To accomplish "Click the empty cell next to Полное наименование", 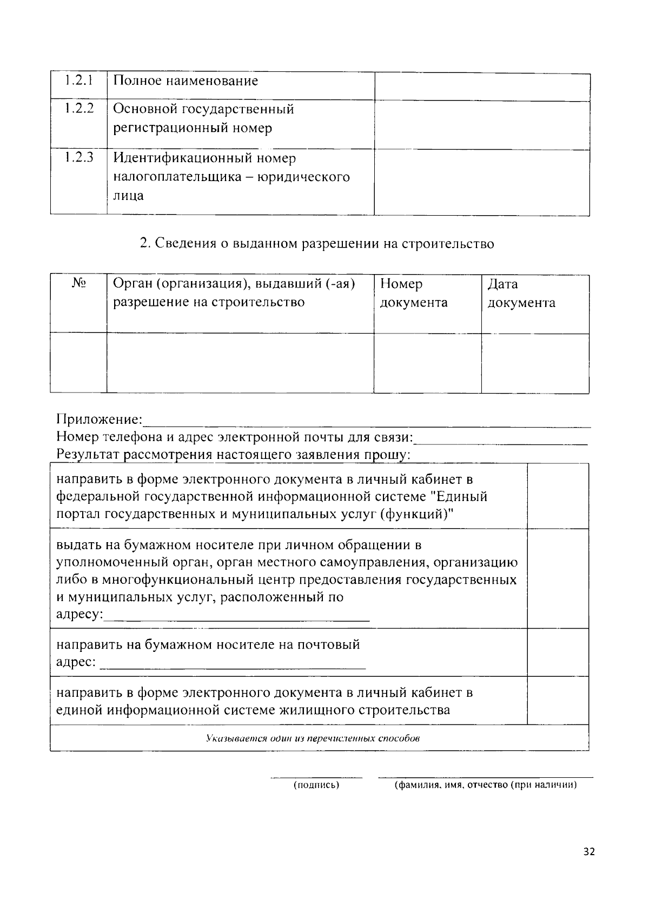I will [482, 86].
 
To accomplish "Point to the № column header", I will [79, 283].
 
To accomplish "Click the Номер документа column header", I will [414, 293].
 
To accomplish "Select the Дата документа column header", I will [521, 293].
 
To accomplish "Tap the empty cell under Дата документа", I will [535, 363].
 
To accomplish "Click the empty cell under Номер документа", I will [427, 363].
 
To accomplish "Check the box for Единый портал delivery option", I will [558, 496].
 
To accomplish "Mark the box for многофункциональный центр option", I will [558, 578].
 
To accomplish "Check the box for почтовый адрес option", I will [558, 652].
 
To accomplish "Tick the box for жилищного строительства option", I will [558, 700].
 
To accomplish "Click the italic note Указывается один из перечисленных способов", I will [313, 738].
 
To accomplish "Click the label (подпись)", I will [316, 785].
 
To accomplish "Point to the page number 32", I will [589, 852].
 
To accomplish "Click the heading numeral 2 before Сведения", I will [144, 244].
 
